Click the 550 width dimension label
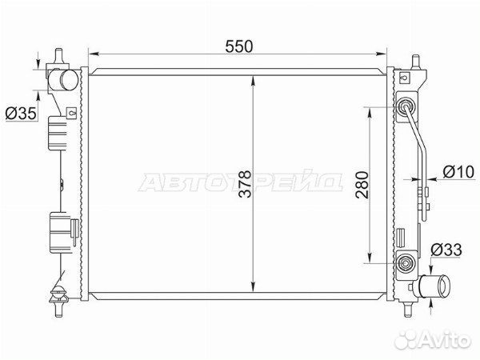point(239,46)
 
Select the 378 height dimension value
point(245,184)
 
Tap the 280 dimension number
point(362,186)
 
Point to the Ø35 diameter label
point(21,114)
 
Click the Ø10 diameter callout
point(458,172)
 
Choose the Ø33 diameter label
point(446,250)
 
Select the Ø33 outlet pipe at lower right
point(434,286)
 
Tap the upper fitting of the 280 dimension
point(406,107)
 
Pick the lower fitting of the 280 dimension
point(406,263)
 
